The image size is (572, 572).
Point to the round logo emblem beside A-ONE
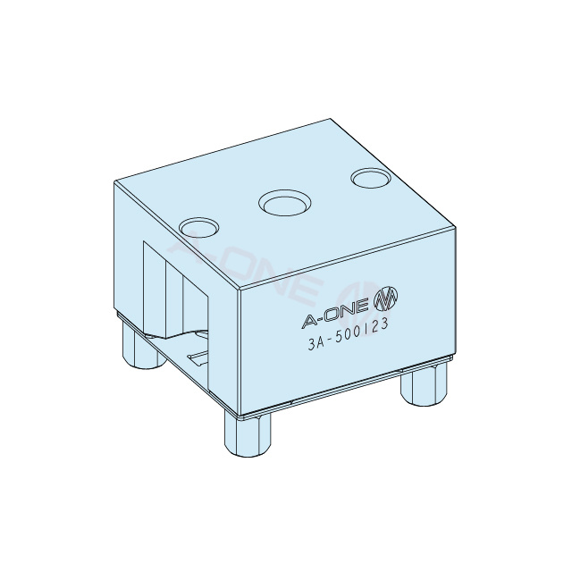coord(385,299)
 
